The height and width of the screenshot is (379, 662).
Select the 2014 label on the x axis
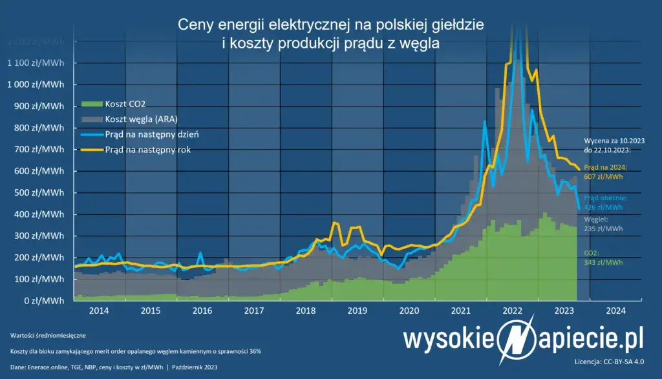pyautogui.click(x=99, y=311)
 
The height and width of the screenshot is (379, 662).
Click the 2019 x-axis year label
pyautogui.click(x=358, y=311)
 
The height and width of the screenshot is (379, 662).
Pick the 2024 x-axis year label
pyautogui.click(x=615, y=311)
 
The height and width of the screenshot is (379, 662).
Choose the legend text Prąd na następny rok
pyautogui.click(x=144, y=150)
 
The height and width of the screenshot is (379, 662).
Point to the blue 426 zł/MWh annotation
pyautogui.click(x=598, y=207)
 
